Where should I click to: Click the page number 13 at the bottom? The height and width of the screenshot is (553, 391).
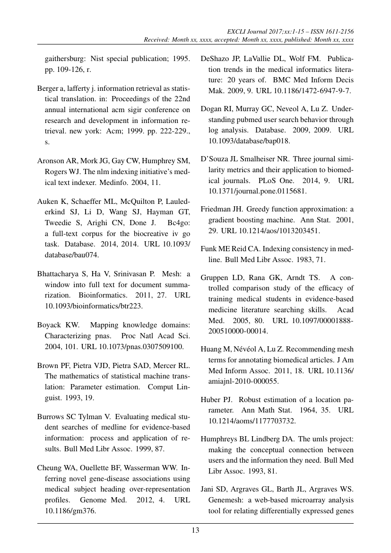click(x=195, y=530)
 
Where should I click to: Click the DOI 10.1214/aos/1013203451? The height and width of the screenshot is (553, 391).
click(x=274, y=231)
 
